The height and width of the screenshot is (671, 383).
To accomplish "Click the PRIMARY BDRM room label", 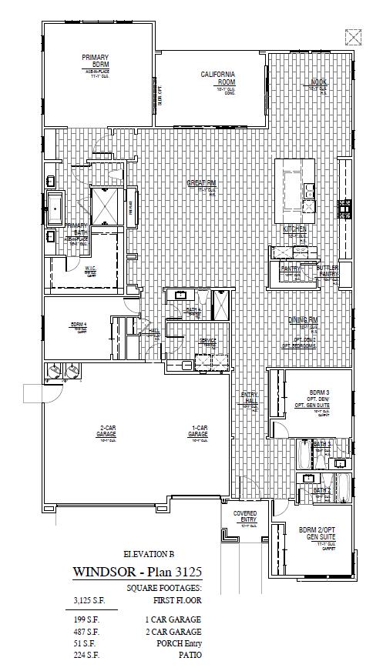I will pos(95,61).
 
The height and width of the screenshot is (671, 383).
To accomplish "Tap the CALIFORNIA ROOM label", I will pos(217,78).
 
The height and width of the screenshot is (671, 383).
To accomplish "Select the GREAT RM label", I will pos(201,183).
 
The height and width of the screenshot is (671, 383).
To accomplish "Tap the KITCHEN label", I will pos(294,229).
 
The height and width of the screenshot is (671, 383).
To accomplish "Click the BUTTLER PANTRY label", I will pos(328,271).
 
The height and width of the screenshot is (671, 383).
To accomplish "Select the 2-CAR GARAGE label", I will pos(106,432).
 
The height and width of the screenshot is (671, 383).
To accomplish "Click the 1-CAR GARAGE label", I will pos(198,432).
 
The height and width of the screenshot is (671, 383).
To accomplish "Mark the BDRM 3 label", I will pos(319,391).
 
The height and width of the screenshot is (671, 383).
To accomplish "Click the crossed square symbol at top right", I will pos(353,35).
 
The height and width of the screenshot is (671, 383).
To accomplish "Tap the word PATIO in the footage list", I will pos(190,656).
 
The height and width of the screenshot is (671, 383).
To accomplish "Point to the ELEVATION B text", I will pos(149,554).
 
